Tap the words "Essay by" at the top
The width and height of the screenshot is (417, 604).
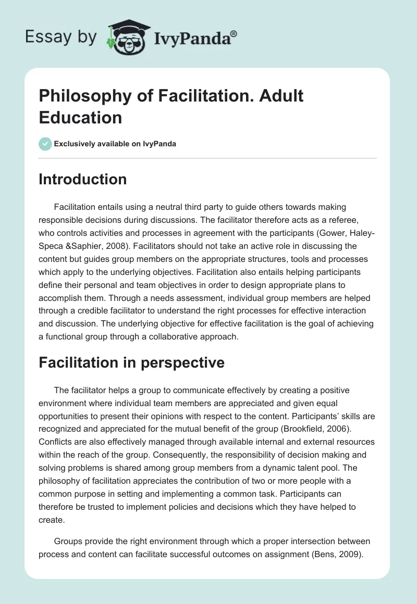(62, 37)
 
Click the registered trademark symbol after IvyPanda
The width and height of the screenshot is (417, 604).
(234, 33)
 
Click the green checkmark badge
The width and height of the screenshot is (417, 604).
(45, 144)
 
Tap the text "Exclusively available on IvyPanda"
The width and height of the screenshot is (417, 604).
(116, 144)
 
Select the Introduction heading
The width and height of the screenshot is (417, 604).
(83, 179)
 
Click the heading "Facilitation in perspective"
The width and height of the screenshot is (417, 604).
(131, 362)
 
